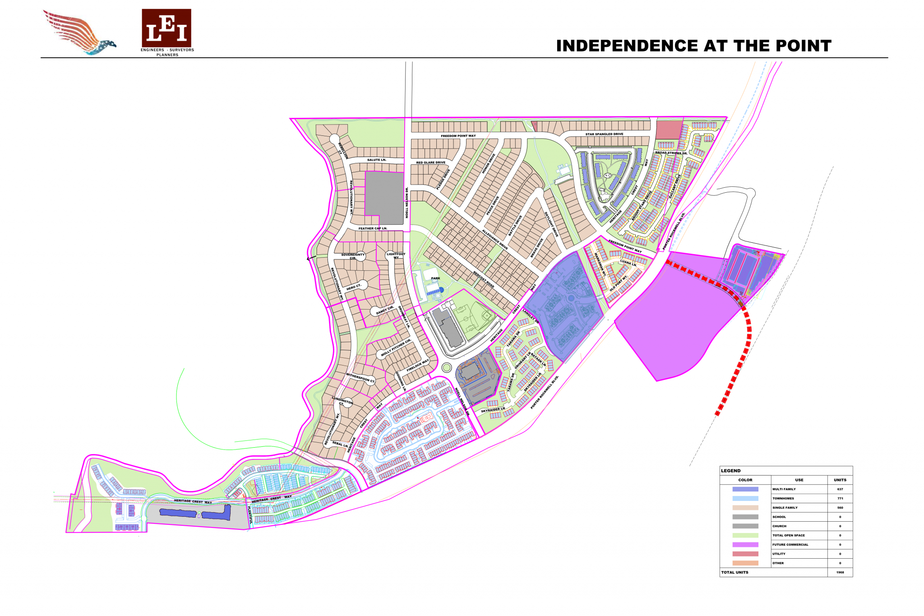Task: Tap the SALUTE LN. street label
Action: [x=376, y=160]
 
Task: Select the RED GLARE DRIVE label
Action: [x=430, y=162]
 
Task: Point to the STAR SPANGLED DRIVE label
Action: [x=604, y=134]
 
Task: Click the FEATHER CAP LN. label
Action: [x=373, y=228]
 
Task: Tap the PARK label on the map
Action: [x=435, y=278]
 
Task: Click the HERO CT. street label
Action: [x=354, y=287]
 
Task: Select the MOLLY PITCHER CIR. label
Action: [x=396, y=347]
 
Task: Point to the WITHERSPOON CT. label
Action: [x=360, y=378]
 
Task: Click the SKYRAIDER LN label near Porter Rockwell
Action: [x=493, y=410]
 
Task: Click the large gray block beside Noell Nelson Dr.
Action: [x=384, y=198]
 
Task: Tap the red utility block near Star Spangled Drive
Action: [x=668, y=130]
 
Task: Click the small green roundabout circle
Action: [x=446, y=367]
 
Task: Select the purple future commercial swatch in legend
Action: [x=745, y=545]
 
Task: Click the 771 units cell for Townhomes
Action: [x=840, y=499]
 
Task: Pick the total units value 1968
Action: [x=840, y=572]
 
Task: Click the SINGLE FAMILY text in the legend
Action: [x=785, y=508]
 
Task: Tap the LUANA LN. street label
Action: [x=628, y=263]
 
